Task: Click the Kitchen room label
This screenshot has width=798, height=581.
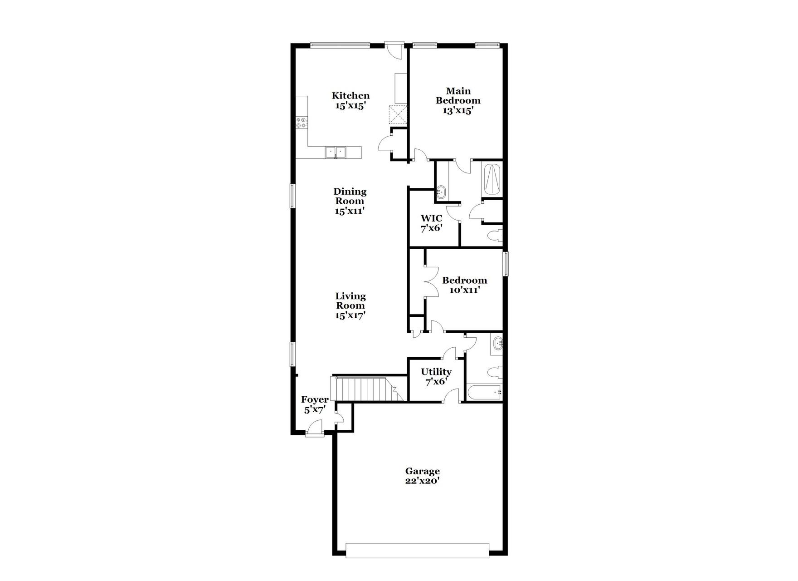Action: pyautogui.click(x=350, y=101)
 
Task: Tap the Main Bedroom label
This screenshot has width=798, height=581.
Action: pyautogui.click(x=458, y=101)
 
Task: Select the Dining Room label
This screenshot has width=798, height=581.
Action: pyautogui.click(x=350, y=201)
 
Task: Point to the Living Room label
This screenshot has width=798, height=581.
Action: pyautogui.click(x=350, y=305)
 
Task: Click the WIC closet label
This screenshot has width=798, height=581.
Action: pyautogui.click(x=431, y=223)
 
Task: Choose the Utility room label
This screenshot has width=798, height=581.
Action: pyautogui.click(x=436, y=377)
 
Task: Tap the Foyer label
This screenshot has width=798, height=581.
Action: pyautogui.click(x=315, y=404)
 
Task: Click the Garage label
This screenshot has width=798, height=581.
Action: pyautogui.click(x=422, y=476)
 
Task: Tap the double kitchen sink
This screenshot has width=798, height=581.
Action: pyautogui.click(x=336, y=152)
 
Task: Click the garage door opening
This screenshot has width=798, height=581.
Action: pyautogui.click(x=417, y=550)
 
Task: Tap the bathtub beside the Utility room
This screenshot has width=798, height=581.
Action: pyautogui.click(x=484, y=392)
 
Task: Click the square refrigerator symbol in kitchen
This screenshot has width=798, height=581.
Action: pyautogui.click(x=398, y=114)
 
